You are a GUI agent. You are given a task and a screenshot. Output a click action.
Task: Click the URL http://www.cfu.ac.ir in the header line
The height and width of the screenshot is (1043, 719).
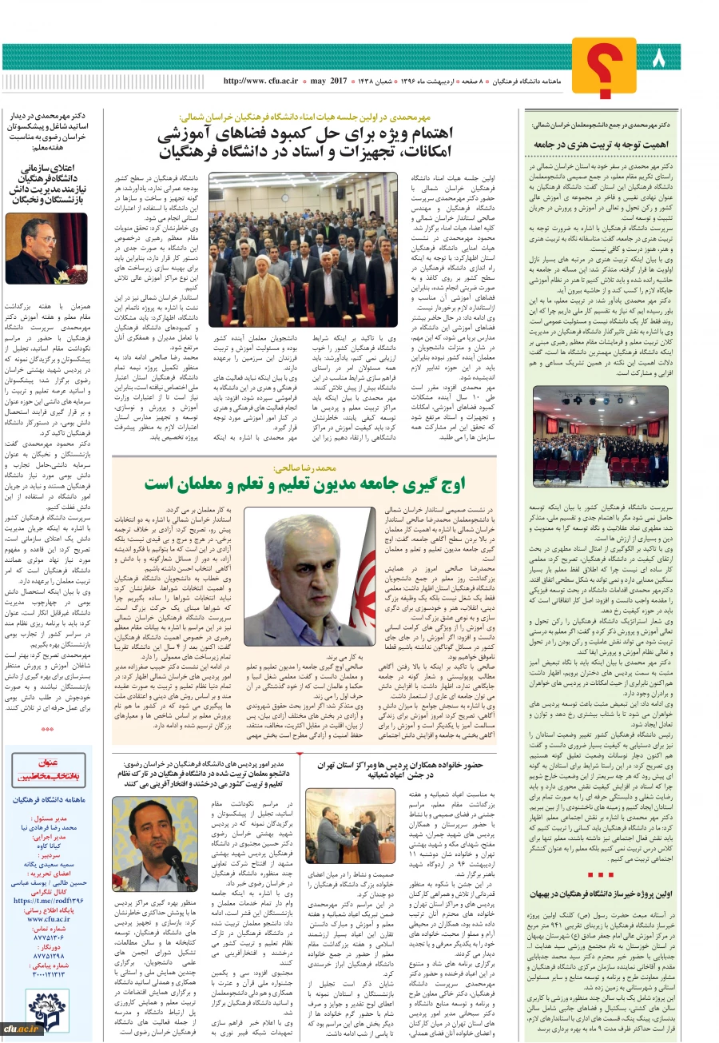pyautogui.click(x=260, y=82)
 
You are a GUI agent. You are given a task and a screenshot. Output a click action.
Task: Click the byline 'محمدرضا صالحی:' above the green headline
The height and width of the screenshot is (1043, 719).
pyautogui.click(x=307, y=468)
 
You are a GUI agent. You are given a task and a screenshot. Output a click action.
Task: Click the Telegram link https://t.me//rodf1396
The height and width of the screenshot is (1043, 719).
pyautogui.click(x=50, y=900)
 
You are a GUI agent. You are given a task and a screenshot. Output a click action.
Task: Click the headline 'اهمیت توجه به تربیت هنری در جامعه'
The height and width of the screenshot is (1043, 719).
pyautogui.click(x=601, y=145)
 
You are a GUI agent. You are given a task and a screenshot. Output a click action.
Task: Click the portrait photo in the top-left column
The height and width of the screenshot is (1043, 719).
pyautogui.click(x=46, y=249)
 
